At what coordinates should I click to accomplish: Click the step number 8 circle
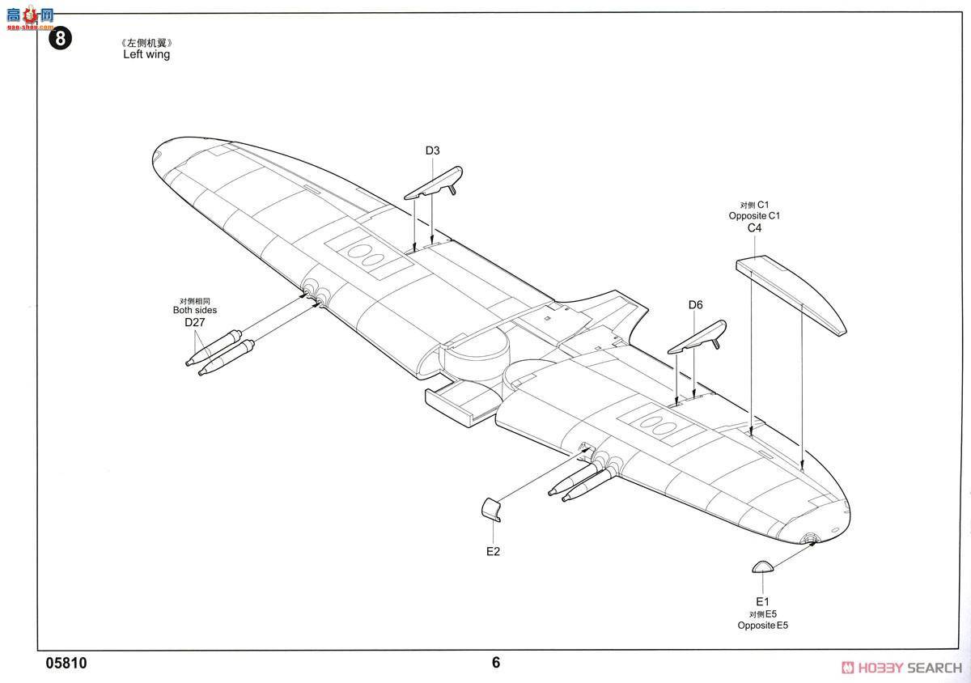click(61, 39)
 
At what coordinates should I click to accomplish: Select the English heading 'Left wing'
click(146, 55)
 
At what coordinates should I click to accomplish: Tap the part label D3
click(432, 151)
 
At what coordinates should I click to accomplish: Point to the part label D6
click(696, 305)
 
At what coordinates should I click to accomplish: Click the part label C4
click(754, 228)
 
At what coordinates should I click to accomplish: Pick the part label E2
click(494, 551)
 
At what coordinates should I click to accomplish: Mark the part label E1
click(762, 601)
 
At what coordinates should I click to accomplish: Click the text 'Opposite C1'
click(754, 216)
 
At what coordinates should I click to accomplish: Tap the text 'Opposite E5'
click(762, 626)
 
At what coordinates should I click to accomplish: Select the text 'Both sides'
click(195, 310)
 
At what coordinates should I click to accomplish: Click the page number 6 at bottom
click(496, 663)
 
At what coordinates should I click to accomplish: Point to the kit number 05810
click(66, 664)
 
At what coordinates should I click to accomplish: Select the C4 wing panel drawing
click(791, 295)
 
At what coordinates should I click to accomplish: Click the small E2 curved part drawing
click(491, 510)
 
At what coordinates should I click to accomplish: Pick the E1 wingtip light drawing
click(762, 566)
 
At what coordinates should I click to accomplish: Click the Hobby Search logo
click(901, 667)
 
